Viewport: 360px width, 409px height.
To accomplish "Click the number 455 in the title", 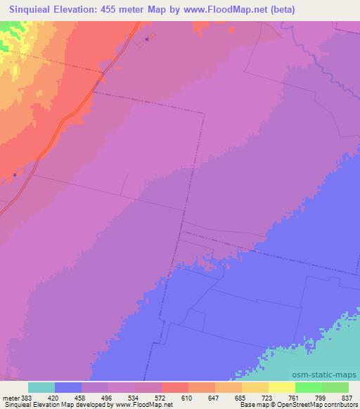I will click(122, 9).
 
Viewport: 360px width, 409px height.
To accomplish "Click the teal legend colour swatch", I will click(41, 387).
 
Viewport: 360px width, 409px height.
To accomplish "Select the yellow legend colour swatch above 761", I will click(282, 387).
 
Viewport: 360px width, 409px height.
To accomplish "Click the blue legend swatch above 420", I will click(68, 387).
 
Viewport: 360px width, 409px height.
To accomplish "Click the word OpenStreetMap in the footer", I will click(293, 405).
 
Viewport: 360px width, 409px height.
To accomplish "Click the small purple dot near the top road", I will click(146, 39).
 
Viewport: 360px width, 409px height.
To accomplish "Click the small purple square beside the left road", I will click(15, 176).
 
